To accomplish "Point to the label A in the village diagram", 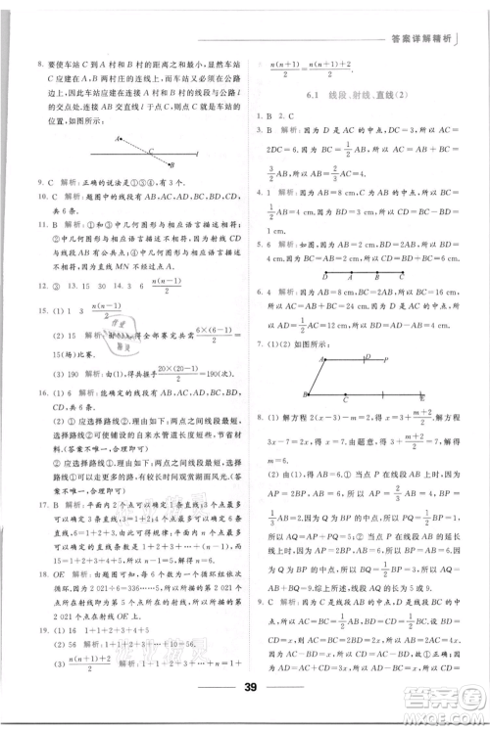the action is pyautogui.click(x=117, y=139).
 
